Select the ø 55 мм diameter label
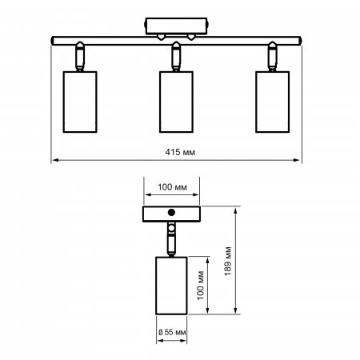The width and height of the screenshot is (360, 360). click(x=172, y=331)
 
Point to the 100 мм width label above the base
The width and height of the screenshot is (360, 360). click(x=171, y=187)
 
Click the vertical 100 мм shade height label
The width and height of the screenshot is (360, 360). click(x=201, y=285)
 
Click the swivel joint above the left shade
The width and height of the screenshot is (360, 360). click(x=80, y=56)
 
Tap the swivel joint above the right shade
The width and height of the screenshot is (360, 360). click(x=273, y=56)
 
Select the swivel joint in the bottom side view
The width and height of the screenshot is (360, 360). click(x=171, y=238)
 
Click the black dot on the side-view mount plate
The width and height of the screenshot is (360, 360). click(x=171, y=213)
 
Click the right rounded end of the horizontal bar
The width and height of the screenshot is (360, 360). click(x=301, y=38)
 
